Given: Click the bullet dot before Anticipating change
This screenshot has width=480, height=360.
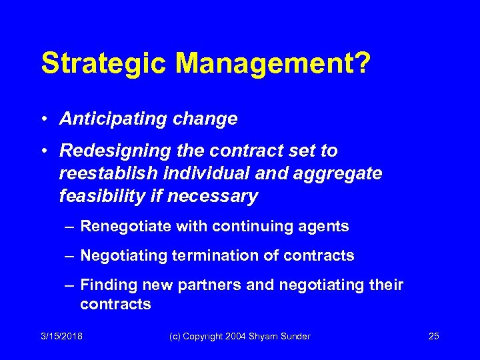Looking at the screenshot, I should (44, 119).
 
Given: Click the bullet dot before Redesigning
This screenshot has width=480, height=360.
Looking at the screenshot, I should (44, 151).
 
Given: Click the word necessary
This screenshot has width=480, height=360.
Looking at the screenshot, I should (219, 197).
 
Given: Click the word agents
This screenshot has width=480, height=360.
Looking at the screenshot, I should (325, 227).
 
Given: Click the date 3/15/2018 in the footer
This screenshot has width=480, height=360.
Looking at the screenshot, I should (61, 336).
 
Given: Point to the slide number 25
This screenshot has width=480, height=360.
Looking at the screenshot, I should (433, 336).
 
